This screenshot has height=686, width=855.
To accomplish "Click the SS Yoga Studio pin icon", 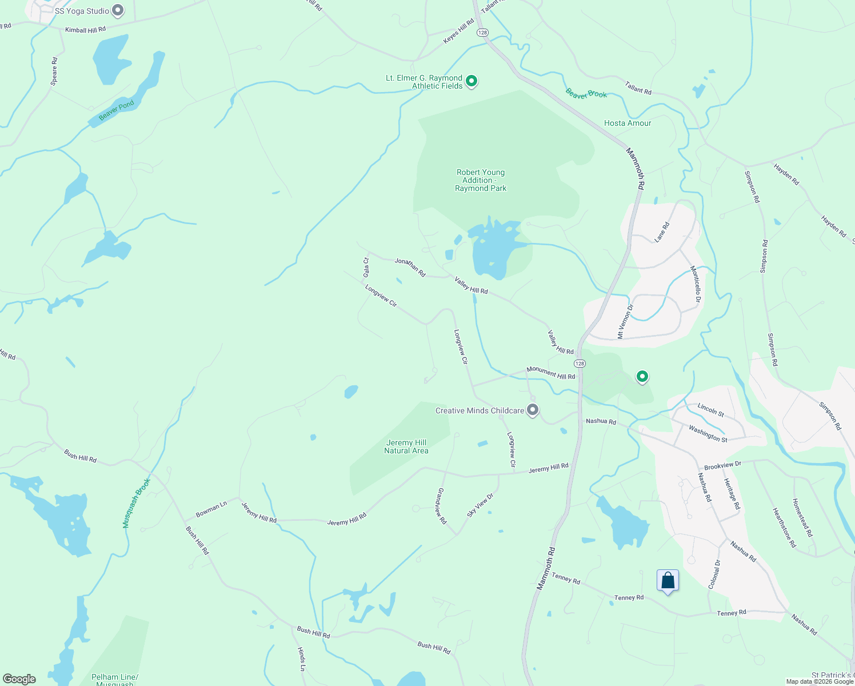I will [x=118, y=10].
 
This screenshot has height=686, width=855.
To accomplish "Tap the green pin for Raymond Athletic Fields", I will [x=472, y=82].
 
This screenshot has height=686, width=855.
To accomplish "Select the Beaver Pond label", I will [x=117, y=110].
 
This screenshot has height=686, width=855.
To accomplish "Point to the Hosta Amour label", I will [x=628, y=123].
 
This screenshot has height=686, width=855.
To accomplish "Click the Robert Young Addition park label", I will [x=481, y=180].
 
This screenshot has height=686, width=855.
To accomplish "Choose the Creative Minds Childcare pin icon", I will [x=533, y=410].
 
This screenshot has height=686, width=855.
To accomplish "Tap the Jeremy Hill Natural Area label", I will [x=406, y=446].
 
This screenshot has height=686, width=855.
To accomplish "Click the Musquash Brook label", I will [x=136, y=503].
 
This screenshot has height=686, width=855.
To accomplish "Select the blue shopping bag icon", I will [x=668, y=581].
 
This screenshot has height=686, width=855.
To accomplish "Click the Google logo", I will [x=19, y=679].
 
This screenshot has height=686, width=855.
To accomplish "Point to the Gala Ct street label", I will [x=366, y=268].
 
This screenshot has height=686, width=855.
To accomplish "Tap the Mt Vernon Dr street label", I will [x=625, y=322].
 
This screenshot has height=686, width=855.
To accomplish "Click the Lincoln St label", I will [x=710, y=409].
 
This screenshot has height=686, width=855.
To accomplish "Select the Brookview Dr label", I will [x=722, y=465].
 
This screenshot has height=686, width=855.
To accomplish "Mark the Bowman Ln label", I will [x=211, y=509].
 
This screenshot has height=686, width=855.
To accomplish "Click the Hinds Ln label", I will [x=301, y=659].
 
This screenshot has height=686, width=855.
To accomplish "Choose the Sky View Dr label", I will [x=480, y=505].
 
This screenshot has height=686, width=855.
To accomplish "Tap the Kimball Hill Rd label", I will [x=85, y=30].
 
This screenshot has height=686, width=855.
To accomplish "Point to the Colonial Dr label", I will [x=714, y=574].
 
